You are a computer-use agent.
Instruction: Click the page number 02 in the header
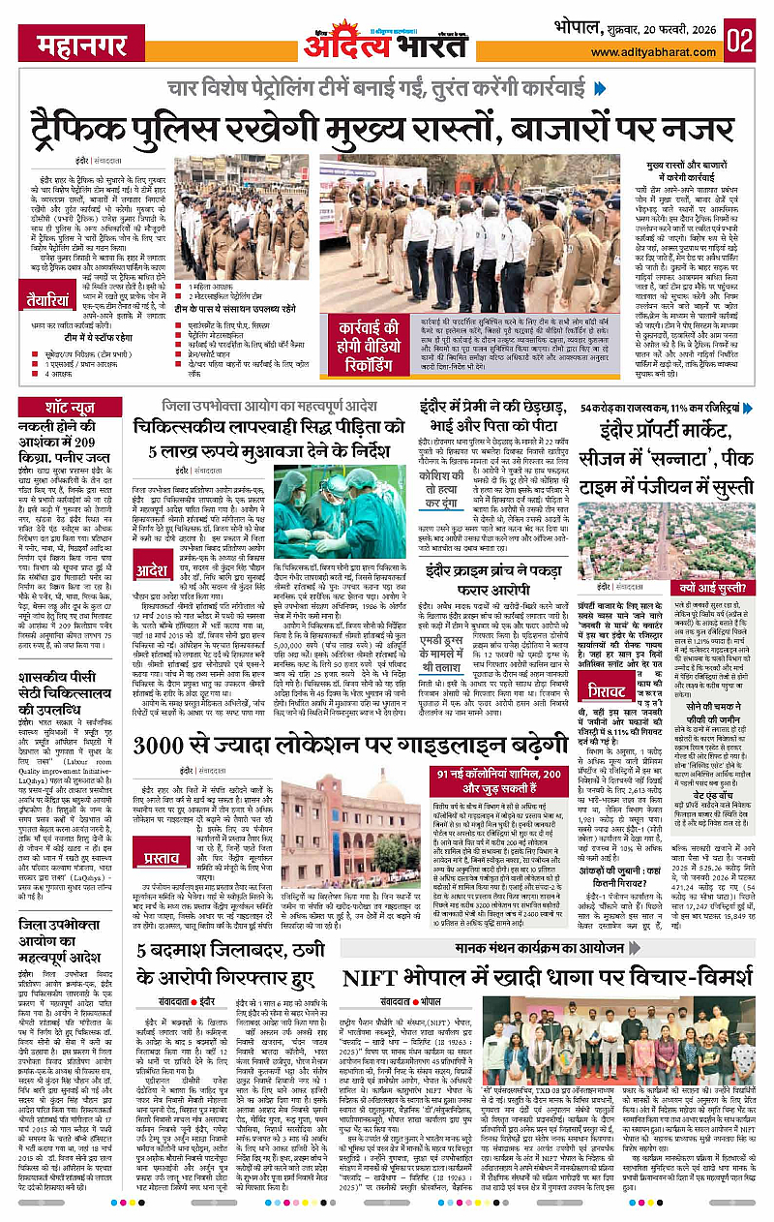point(741,43)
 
